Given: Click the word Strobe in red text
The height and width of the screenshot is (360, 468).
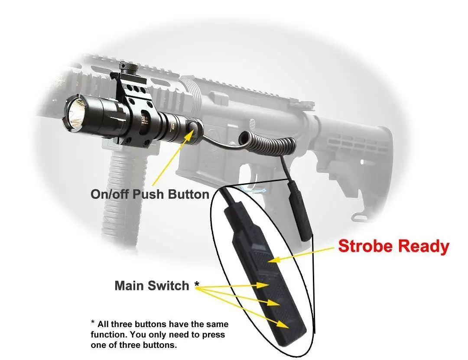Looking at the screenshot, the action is pyautogui.click(x=367, y=246).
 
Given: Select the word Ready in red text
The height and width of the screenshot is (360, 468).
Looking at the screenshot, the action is pyautogui.click(x=423, y=246).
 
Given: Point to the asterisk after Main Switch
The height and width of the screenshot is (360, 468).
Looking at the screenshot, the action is pyautogui.click(x=197, y=284).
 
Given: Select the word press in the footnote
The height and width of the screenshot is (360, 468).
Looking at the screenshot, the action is pyautogui.click(x=214, y=335).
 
